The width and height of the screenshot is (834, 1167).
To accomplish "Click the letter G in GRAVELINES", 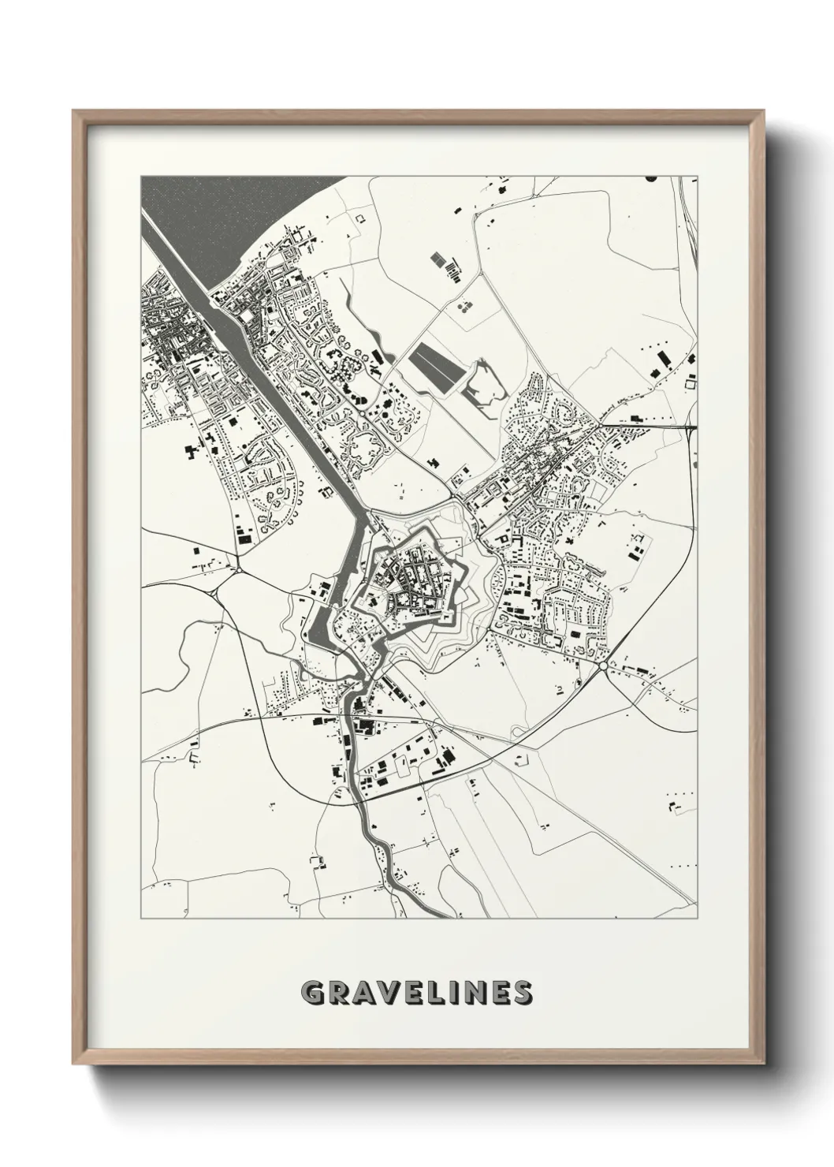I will pyautogui.click(x=313, y=992).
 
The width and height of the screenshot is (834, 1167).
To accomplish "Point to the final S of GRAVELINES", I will pyautogui.click(x=519, y=992).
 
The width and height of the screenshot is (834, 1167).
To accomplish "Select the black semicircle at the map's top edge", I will pyautogui.click(x=650, y=179).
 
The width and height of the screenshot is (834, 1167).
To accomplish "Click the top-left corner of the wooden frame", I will pyautogui.click(x=76, y=113).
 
